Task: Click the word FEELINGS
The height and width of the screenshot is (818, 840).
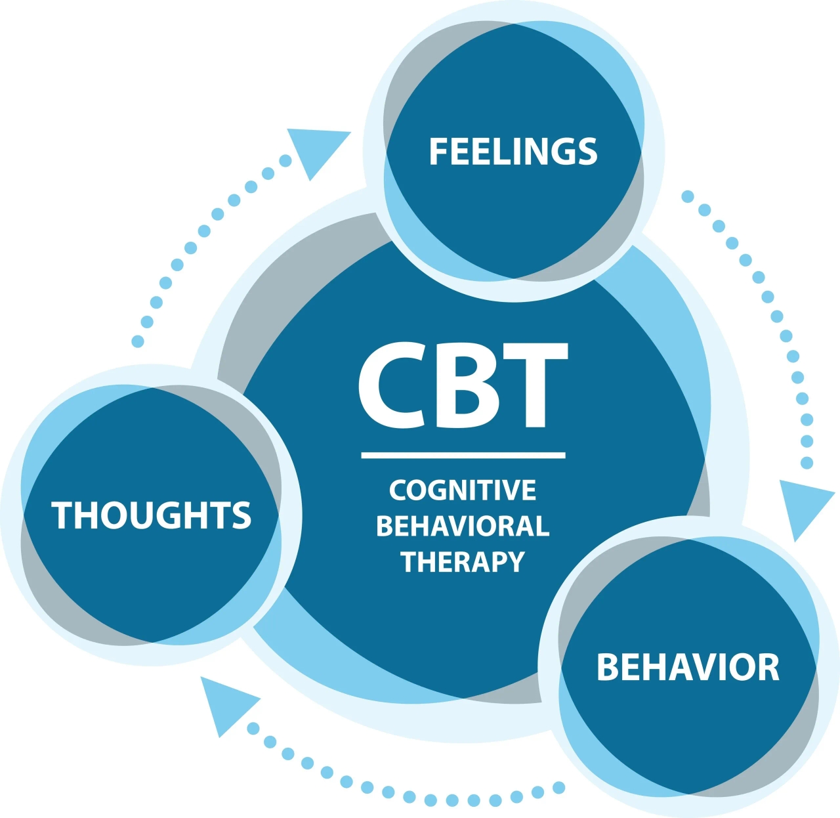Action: tap(513, 152)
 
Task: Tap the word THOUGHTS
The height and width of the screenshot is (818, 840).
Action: tap(152, 515)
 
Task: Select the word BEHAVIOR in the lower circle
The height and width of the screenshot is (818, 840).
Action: tap(688, 667)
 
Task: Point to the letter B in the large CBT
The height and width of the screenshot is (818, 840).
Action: tap(469, 385)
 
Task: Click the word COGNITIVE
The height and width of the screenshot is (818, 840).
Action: tap(463, 490)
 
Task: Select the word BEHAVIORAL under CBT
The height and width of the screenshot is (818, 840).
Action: tap(463, 526)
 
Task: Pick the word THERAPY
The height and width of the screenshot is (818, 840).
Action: tap(463, 562)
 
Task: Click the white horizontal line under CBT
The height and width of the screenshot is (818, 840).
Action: tap(463, 455)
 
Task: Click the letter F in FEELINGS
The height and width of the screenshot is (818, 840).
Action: tap(438, 152)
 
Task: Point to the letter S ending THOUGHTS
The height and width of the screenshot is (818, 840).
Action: tap(241, 515)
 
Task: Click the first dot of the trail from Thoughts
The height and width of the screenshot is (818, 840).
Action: tap(138, 341)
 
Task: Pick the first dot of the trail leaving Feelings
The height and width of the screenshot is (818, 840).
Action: tap(687, 196)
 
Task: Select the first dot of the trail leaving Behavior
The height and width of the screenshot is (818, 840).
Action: tap(559, 787)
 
